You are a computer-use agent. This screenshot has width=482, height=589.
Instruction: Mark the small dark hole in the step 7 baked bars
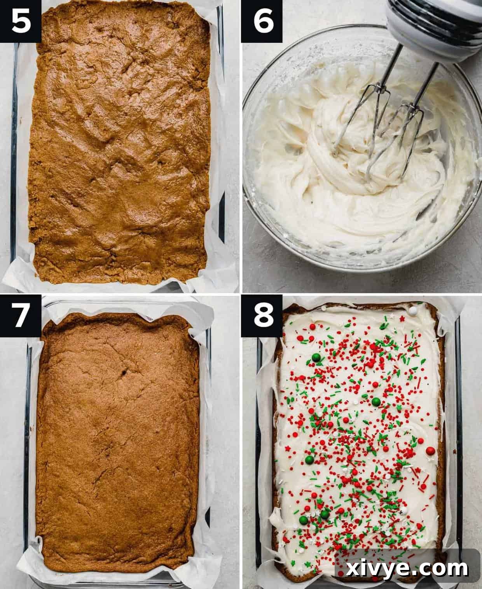pyautogui.click(x=125, y=373)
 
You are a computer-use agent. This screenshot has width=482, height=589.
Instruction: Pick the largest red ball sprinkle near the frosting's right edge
pyautogui.click(x=430, y=451)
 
